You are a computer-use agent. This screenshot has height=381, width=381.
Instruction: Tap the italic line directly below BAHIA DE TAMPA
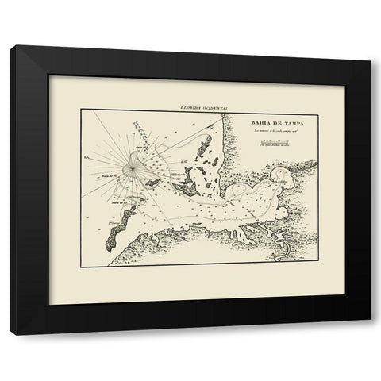[x=267, y=131]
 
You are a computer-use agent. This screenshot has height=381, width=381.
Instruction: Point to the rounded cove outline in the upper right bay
[x=282, y=176]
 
